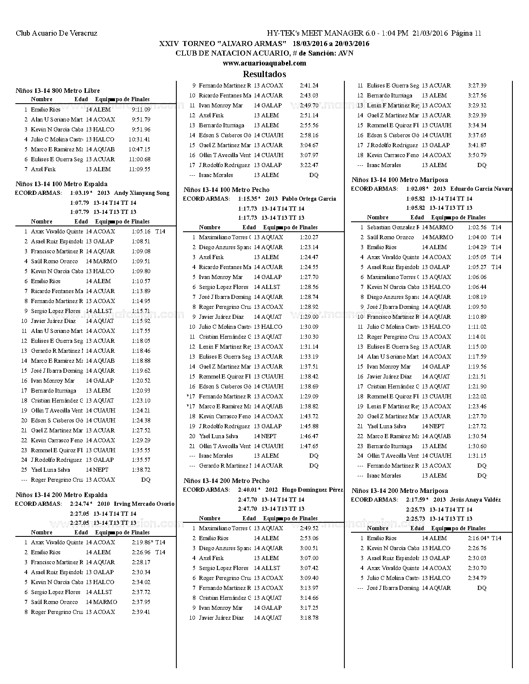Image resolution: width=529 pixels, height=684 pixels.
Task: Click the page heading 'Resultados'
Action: coord(264,74)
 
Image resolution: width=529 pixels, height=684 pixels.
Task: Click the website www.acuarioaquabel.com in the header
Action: coord(264,63)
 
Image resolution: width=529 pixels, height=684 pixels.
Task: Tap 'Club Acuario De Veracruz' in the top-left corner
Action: coord(56,33)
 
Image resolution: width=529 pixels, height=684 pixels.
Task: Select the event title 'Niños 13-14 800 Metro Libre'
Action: coord(58,90)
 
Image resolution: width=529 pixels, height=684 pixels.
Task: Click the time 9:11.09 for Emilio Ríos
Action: coord(141,109)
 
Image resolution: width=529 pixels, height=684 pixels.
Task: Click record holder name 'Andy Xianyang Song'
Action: coord(141,193)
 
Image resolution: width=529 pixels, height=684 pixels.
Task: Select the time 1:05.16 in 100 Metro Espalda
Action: coord(141,231)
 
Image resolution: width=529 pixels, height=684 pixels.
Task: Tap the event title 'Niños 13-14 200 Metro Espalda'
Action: coord(61,495)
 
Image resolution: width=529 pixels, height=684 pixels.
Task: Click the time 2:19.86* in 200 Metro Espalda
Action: coord(142,542)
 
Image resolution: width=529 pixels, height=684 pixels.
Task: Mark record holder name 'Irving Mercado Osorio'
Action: coord(144,504)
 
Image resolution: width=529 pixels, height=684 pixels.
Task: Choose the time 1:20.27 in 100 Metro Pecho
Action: coord(309,237)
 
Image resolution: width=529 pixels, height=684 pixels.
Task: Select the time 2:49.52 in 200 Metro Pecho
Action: coord(309,528)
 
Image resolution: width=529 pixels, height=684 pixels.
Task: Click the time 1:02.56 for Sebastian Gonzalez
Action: coord(477,227)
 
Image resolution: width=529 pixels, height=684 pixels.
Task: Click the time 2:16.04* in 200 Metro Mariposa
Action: coord(478,538)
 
